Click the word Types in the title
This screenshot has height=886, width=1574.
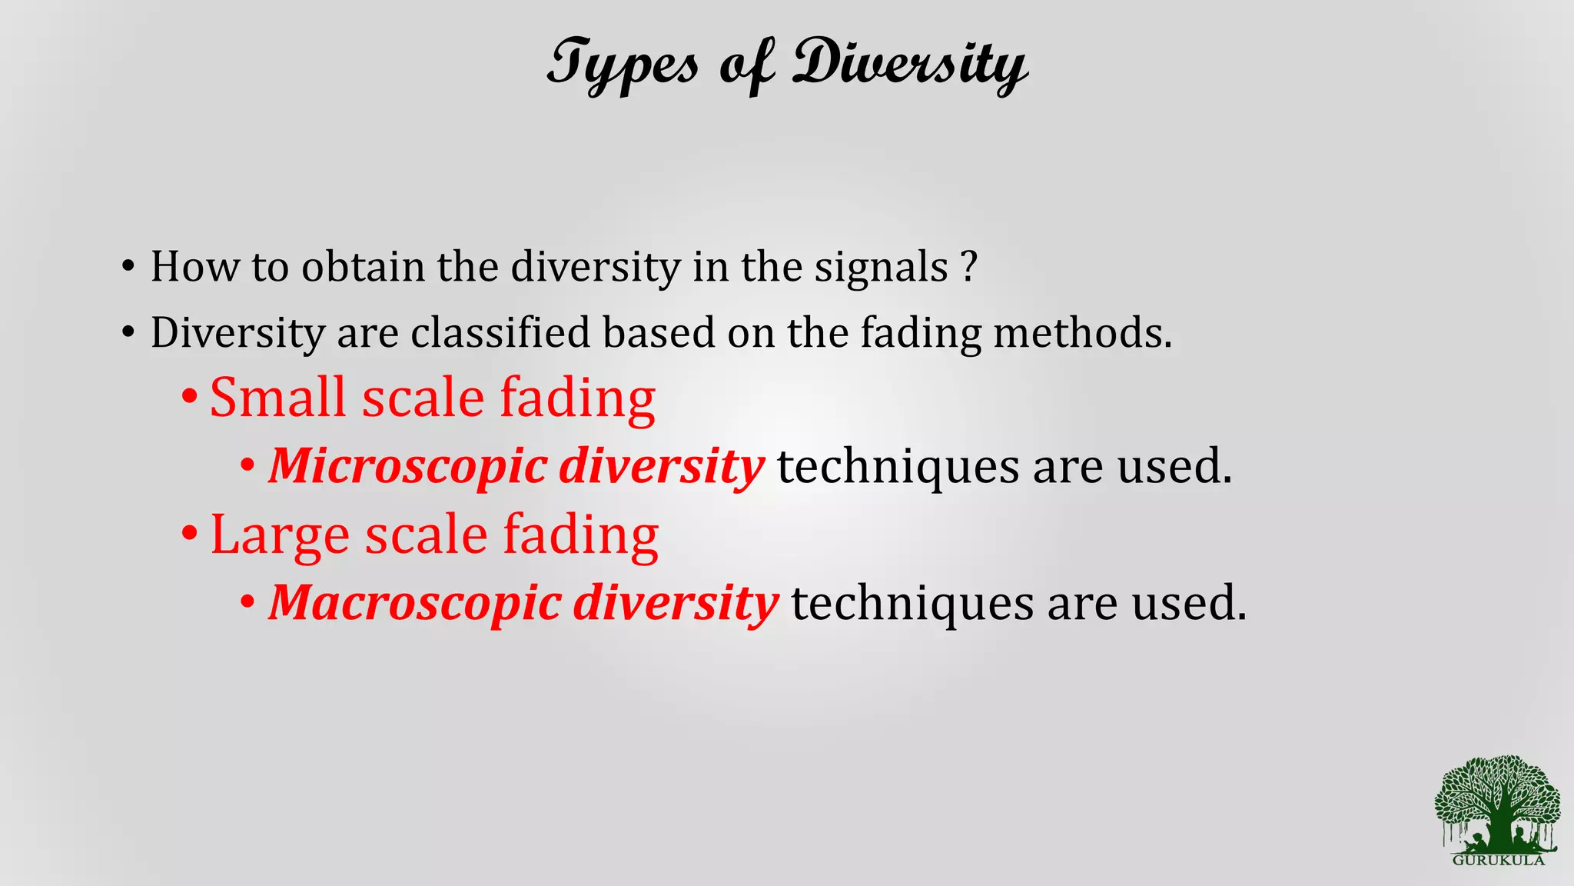623,65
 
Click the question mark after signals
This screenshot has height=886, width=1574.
969,266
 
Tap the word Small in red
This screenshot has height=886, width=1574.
277,398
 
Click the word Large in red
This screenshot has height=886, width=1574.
280,535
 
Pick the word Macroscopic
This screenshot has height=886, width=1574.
414,603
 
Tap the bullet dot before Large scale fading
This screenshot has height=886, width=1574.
189,533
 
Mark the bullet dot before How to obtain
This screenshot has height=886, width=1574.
128,267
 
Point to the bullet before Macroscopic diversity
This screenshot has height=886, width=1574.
247,601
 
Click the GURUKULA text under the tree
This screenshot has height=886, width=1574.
1498,861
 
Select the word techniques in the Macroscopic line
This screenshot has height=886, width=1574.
912,603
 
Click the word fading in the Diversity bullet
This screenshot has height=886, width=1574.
920,333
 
